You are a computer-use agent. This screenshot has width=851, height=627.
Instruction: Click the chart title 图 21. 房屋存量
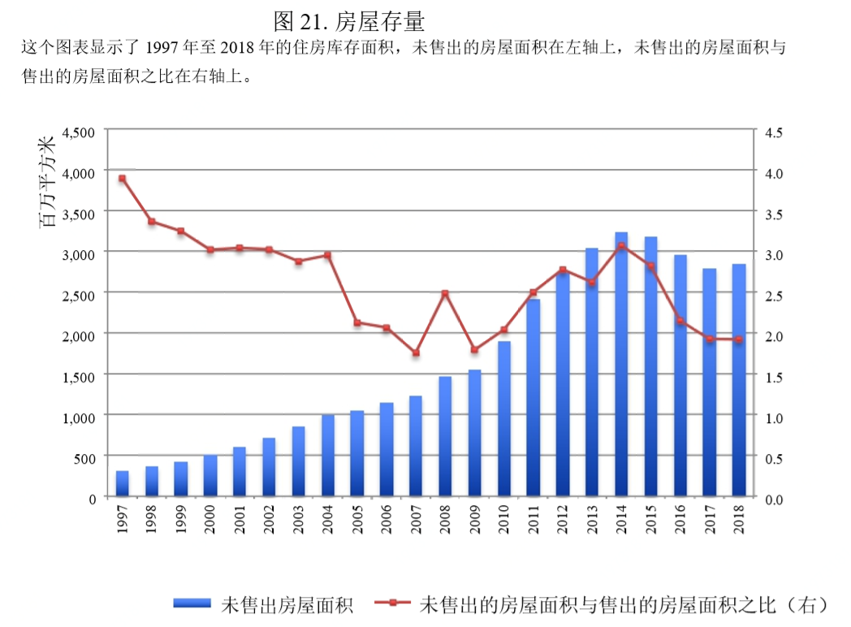pos(349,19)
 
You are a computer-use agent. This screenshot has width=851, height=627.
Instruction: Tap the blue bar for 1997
pos(122,483)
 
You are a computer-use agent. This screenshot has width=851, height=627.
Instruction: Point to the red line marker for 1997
pos(122,179)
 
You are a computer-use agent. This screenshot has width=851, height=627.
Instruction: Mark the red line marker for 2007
pos(416,353)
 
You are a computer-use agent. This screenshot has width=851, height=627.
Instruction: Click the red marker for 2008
pos(445,293)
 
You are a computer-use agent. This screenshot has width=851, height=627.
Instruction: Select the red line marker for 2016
pos(680,321)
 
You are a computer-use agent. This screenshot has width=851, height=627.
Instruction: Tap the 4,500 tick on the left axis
pos(79,132)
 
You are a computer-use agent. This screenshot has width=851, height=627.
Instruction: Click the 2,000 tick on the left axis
pos(79,335)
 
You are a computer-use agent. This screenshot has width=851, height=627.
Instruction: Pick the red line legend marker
pos(393,603)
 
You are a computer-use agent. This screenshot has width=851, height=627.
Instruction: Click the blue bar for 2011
pos(533,397)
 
